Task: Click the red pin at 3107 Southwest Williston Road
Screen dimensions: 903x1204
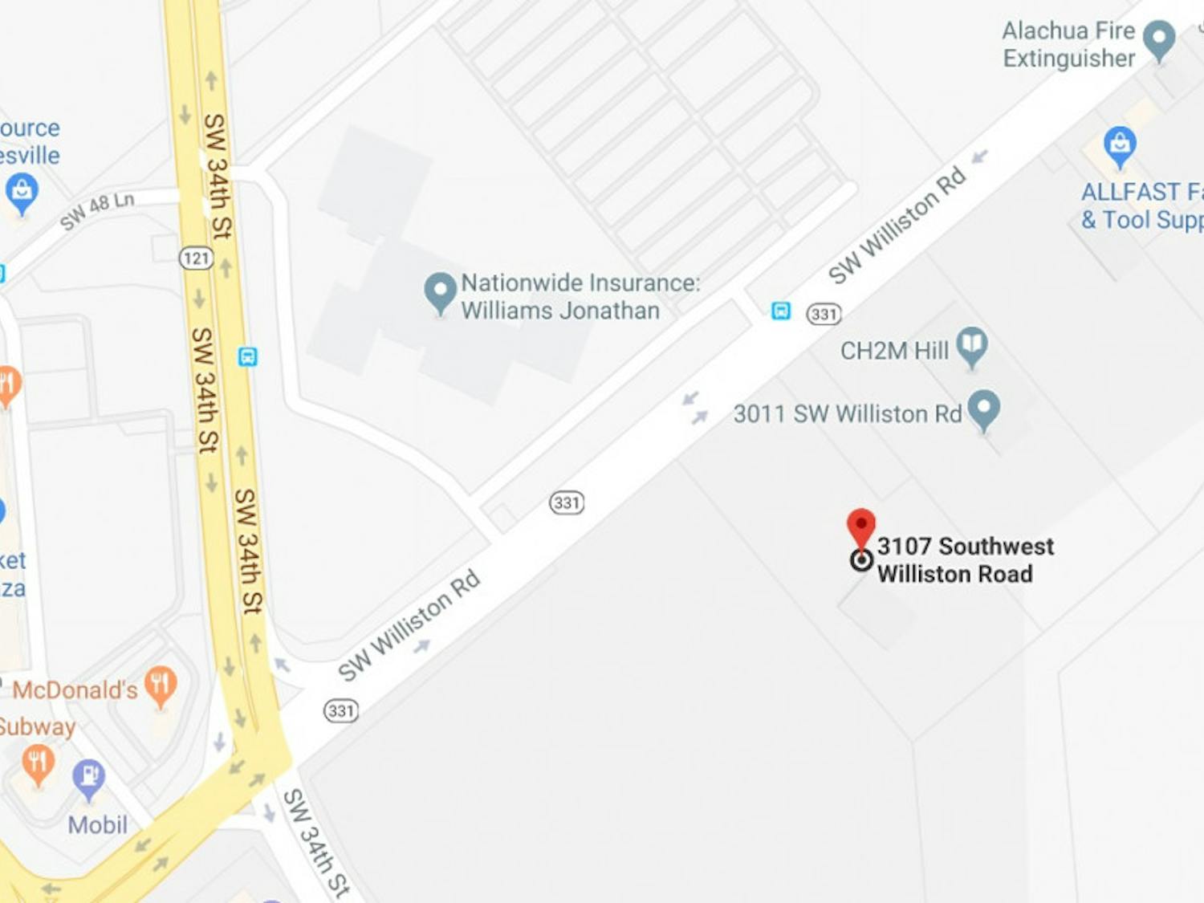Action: coord(861,526)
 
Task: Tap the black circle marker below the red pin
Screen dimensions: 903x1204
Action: coord(861,559)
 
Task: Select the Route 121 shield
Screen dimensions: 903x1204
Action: coord(197,258)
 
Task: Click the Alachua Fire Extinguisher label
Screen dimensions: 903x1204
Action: coord(1068,44)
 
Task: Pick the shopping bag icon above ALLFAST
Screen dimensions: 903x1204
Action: coord(1119,145)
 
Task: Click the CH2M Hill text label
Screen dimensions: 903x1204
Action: coord(894,351)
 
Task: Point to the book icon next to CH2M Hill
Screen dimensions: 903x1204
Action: coord(972,345)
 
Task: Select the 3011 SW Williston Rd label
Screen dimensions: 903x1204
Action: coord(847,413)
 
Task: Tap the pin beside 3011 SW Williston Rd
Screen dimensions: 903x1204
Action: coord(984,408)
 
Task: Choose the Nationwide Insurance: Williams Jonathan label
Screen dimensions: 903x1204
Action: coord(580,296)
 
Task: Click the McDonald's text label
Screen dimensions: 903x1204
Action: coord(75,689)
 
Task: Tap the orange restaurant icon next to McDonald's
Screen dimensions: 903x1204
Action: coord(161,685)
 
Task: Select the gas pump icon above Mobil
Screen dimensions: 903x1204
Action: coord(88,777)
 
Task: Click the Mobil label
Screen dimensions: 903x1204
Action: coord(97,824)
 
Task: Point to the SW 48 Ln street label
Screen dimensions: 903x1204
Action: coord(96,210)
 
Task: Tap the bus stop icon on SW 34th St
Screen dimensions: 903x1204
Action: coord(248,356)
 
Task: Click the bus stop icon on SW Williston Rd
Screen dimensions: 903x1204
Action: coord(781,311)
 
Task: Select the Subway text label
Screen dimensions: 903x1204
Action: coord(37,727)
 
